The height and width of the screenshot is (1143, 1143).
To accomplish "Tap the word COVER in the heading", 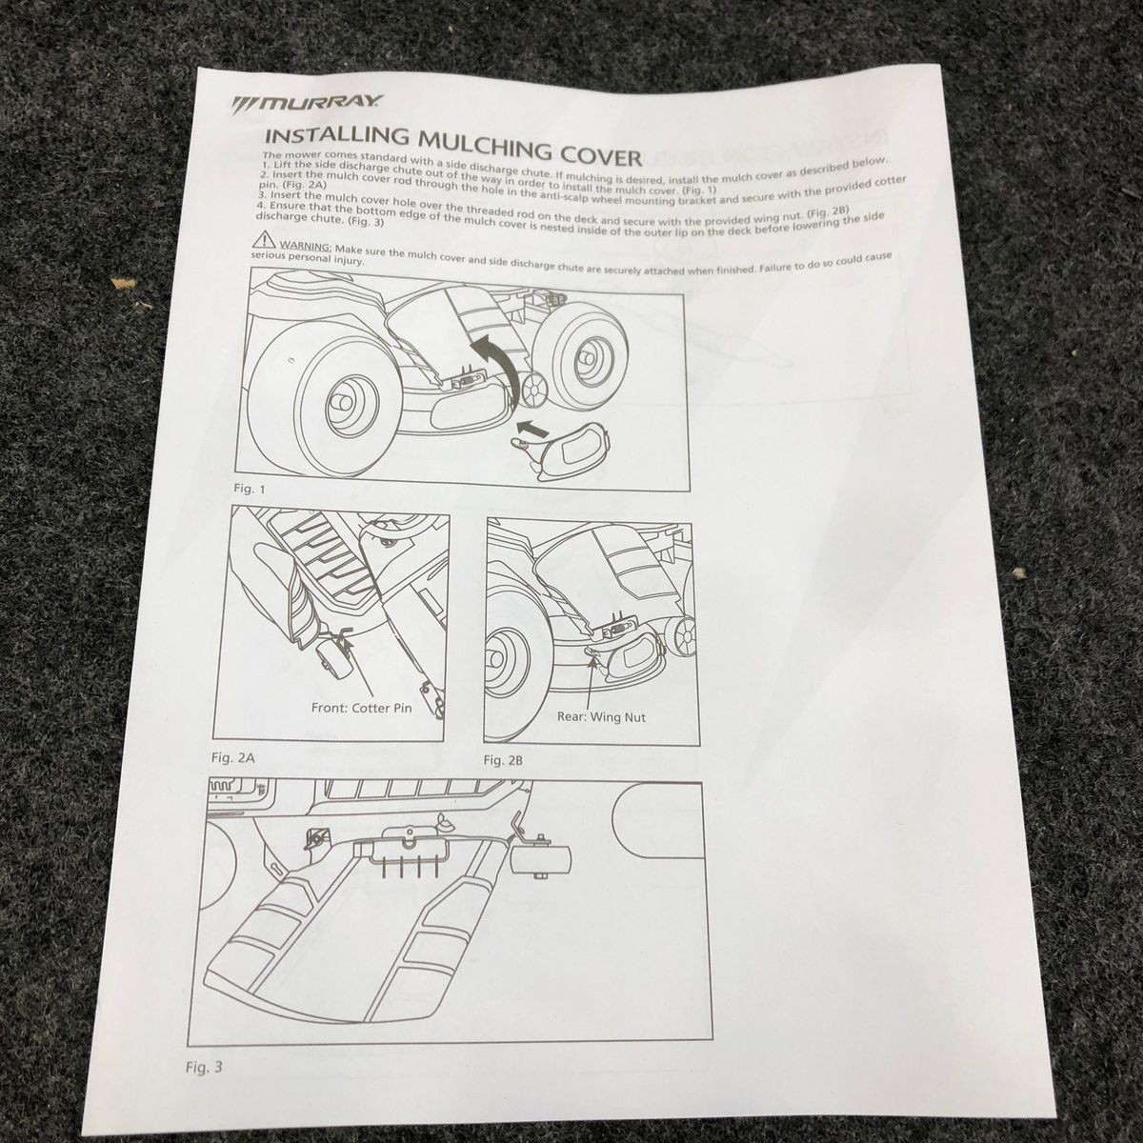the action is click(601, 155).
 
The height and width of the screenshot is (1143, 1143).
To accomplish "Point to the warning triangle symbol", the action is click(263, 240).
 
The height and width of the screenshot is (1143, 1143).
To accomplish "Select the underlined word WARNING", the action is click(305, 246).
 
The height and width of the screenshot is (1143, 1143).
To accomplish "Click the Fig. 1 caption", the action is click(250, 490).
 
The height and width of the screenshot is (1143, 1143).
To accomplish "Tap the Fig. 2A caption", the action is click(233, 757).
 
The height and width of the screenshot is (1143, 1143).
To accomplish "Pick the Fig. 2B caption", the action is click(503, 760).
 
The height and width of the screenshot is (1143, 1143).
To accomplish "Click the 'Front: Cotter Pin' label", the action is click(361, 708).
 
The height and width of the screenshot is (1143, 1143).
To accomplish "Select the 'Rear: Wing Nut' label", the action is click(601, 716).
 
